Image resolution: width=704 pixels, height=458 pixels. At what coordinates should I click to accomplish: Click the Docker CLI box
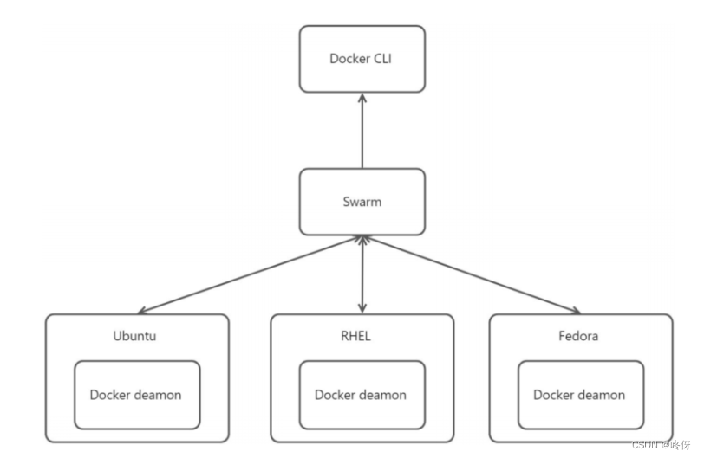coord(362,59)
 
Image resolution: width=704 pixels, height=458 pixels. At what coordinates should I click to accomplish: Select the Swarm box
coord(362,202)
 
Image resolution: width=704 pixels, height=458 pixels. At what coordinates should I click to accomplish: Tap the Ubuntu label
coord(136,336)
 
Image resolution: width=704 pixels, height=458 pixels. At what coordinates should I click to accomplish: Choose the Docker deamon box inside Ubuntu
coord(136,395)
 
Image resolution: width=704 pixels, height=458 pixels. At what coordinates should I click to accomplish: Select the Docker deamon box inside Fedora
coord(580,395)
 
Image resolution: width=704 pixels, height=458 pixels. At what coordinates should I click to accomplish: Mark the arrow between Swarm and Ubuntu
coord(251,274)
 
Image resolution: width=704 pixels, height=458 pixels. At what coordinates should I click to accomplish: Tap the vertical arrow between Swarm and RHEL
coord(362,275)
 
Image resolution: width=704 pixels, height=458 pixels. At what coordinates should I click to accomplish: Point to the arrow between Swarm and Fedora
coord(473,274)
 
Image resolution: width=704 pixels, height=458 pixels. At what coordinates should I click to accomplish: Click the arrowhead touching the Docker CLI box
coord(362,98)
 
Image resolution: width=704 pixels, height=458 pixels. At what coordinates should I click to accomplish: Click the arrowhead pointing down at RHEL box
coord(362,308)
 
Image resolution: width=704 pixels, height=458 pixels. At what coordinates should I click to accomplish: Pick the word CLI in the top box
coord(383,59)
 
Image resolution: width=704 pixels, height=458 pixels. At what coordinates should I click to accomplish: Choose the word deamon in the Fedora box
coord(601,395)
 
